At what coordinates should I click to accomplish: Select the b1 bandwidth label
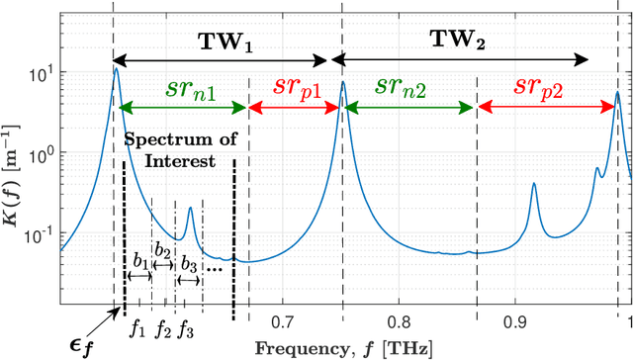[x=139, y=260]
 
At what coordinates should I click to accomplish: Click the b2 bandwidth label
[x=163, y=250]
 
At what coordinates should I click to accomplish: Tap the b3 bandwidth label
[x=188, y=263]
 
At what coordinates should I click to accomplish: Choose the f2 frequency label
[x=163, y=325]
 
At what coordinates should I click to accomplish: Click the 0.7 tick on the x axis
[x=283, y=322]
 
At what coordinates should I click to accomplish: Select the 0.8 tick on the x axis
[x=400, y=322]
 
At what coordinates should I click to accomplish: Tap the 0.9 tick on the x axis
[x=515, y=322]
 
